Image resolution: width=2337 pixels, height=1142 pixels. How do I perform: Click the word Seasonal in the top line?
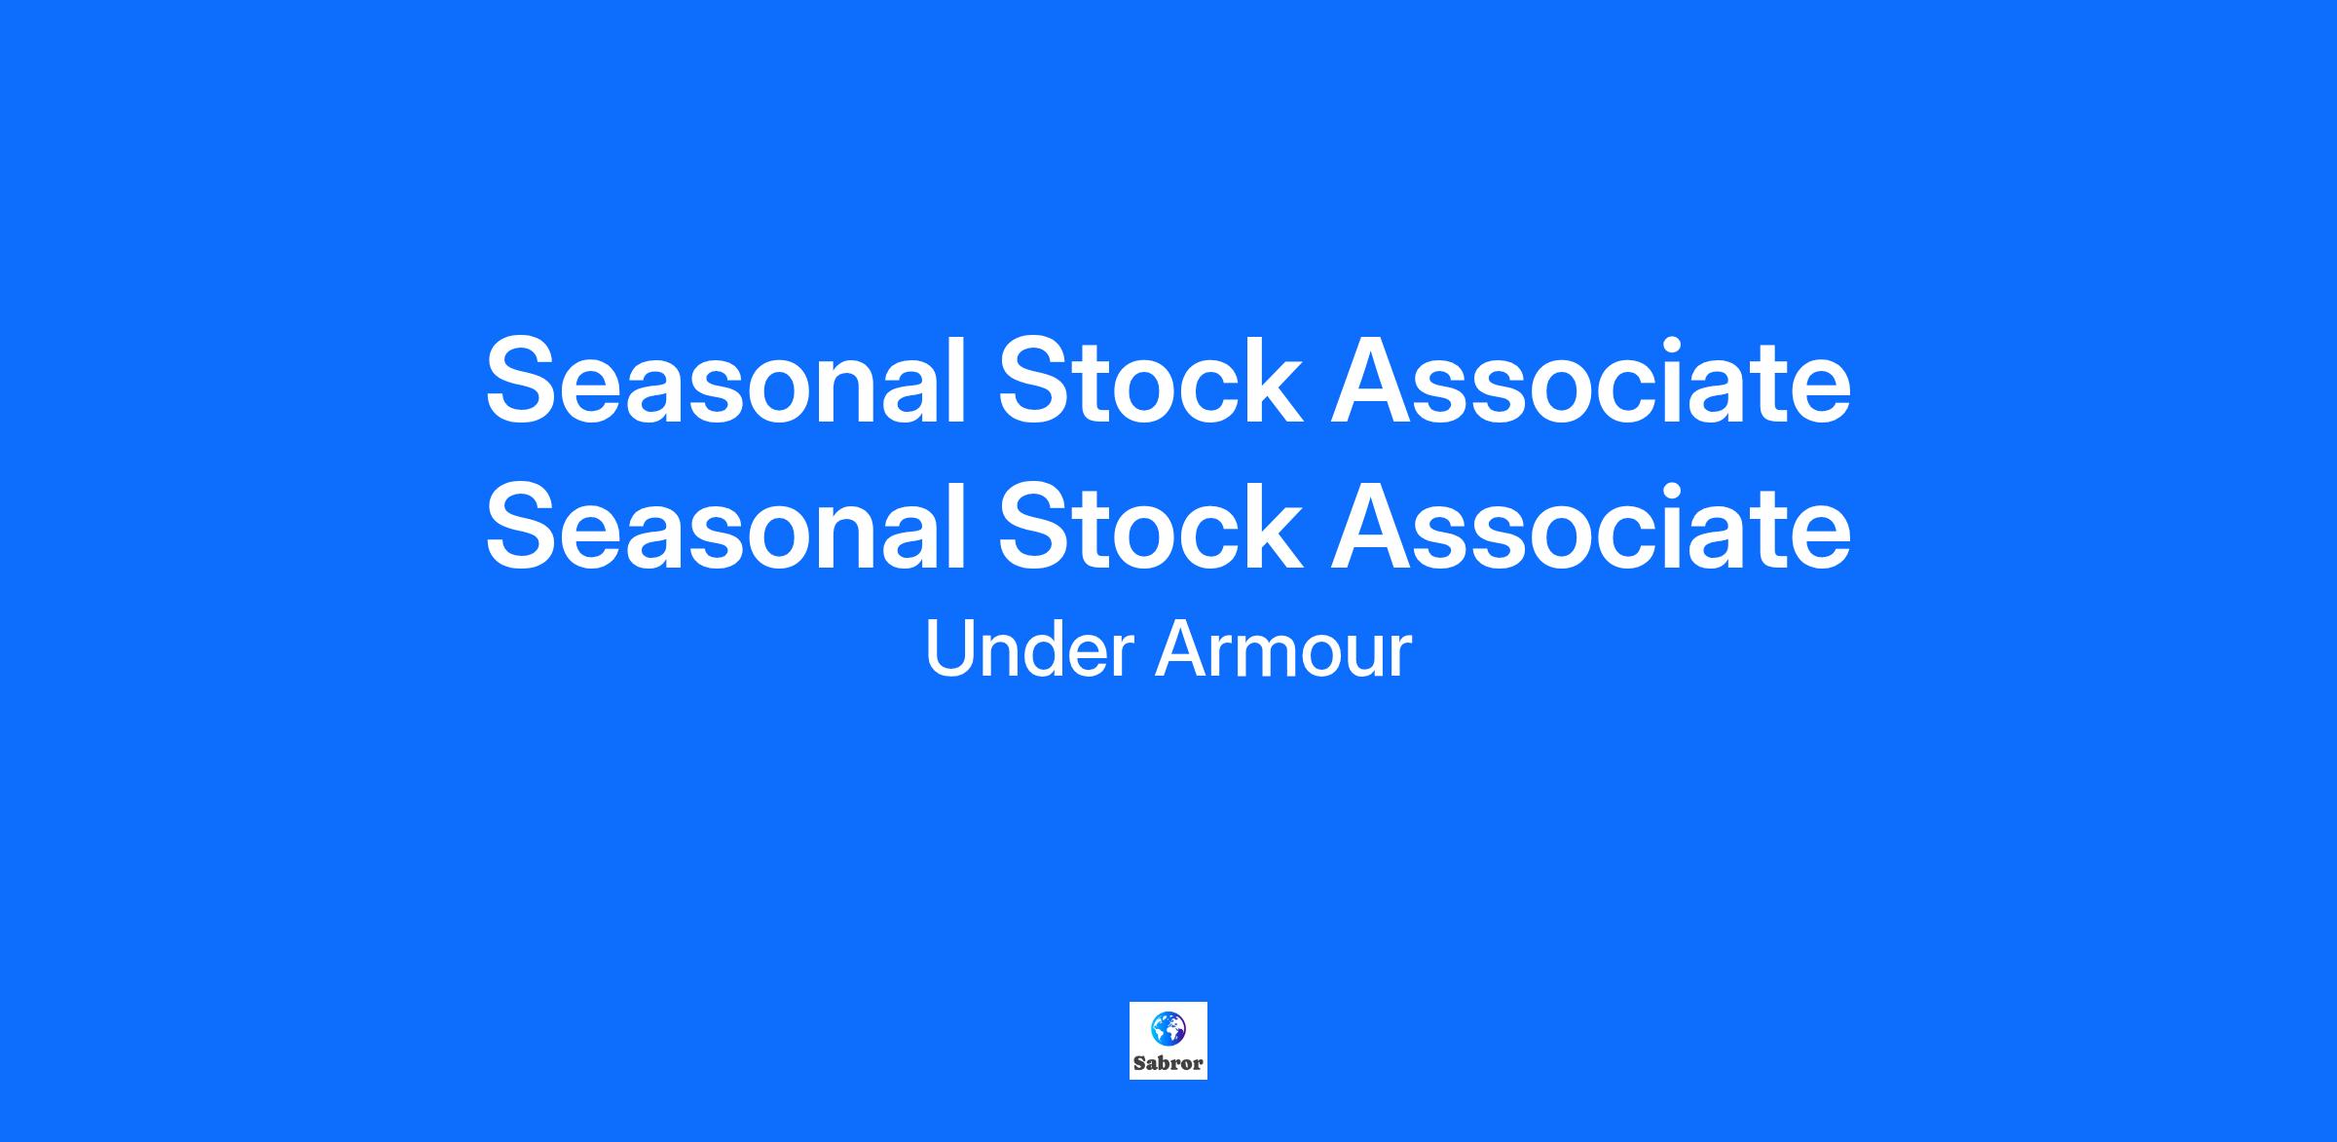pos(725,381)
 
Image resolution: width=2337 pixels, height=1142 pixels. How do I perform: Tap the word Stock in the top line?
pos(1150,381)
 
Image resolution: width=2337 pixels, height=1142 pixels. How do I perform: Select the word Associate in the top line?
pos(1591,381)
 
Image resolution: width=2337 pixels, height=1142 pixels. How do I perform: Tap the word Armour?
pos(1283,649)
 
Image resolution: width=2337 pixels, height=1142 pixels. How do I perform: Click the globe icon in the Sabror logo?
pos(1168,1027)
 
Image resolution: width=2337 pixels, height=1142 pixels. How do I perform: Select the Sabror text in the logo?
pos(1168,1063)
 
